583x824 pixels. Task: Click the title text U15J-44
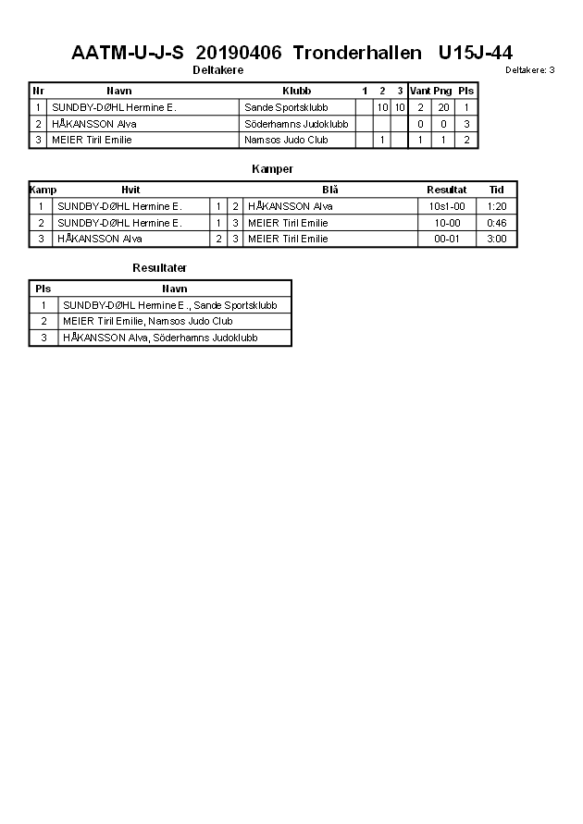pos(475,54)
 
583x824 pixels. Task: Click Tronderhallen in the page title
pos(351,54)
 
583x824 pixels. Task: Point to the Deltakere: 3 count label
pos(530,70)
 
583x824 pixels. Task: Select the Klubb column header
pos(296,91)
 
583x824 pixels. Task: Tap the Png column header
pos(442,91)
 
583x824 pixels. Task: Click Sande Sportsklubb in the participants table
pos(286,107)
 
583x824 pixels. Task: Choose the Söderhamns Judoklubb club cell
pos(296,124)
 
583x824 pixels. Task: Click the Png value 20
pos(443,107)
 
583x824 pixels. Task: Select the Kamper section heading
pos(272,169)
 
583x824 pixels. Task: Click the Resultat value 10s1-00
pos(447,206)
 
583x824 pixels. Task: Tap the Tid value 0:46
pos(497,223)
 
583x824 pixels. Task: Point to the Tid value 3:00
pos(497,239)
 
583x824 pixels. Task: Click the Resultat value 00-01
pos(447,239)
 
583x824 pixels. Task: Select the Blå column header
pos(330,190)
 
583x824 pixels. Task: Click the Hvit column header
pos(130,190)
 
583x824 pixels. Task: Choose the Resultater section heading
pos(159,268)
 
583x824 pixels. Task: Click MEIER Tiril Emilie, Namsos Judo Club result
pos(147,321)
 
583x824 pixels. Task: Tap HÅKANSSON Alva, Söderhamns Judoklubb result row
pos(160,338)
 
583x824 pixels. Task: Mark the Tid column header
pos(497,190)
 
